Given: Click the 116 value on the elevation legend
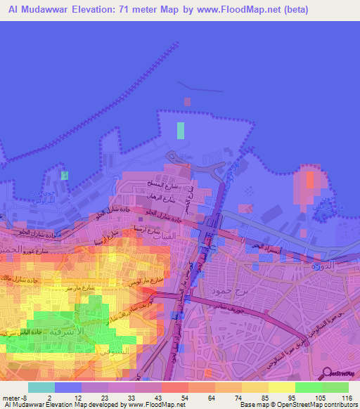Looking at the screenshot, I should pyautogui.click(x=346, y=397).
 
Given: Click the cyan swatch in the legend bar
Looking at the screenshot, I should pyautogui.click(x=41, y=387).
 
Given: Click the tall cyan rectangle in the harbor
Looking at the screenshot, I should pyautogui.click(x=181, y=130).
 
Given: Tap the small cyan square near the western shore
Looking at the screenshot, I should pyautogui.click(x=65, y=175).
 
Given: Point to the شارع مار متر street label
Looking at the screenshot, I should pyautogui.click(x=79, y=288).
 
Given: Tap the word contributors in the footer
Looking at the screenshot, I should pyautogui.click(x=337, y=405).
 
